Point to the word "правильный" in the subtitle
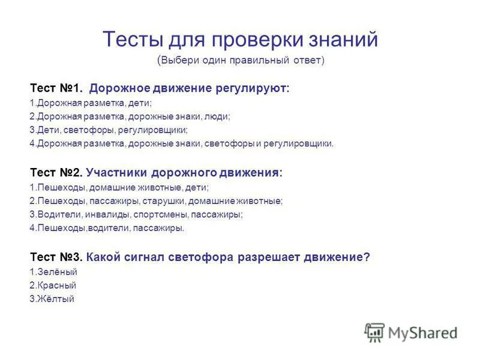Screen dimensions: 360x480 pos(260,60)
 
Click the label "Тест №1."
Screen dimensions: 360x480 pos(56,89)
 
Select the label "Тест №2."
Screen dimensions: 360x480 pos(56,173)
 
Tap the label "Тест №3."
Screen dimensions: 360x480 pos(56,257)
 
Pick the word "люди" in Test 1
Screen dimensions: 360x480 pos(218,116)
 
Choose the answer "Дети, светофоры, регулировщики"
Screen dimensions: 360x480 pos(109,130)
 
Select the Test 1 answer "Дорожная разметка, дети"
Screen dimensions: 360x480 pos(91,103)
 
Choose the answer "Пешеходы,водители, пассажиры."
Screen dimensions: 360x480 pos(107,228)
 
